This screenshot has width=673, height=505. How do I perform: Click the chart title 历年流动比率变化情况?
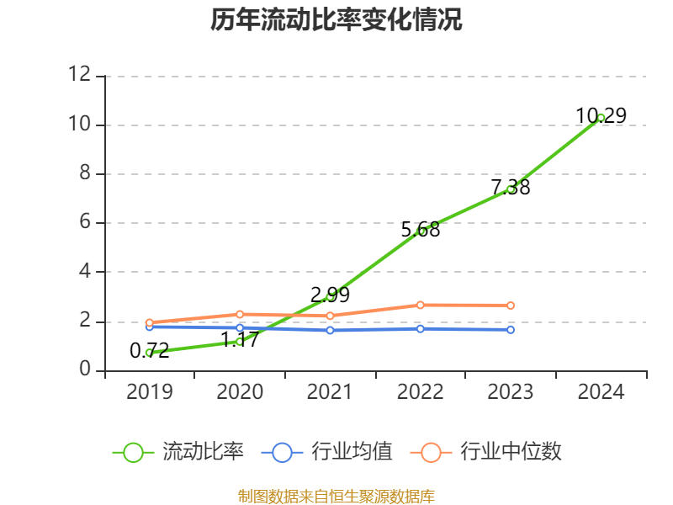(x=336, y=19)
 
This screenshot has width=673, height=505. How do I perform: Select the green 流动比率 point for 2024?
(x=601, y=118)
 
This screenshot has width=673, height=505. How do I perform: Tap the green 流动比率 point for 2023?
(x=511, y=189)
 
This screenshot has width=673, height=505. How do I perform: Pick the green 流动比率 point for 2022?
(x=421, y=231)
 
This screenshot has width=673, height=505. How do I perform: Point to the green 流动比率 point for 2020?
(x=240, y=341)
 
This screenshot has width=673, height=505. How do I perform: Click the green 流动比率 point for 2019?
(x=149, y=353)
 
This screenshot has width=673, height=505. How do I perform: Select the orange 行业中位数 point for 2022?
(x=421, y=305)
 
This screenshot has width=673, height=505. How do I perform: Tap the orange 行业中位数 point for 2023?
(x=511, y=306)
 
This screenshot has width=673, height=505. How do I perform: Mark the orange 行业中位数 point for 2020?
(x=240, y=314)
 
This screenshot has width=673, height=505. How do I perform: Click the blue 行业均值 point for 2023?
(x=511, y=330)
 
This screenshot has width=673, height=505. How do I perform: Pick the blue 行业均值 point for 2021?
(x=330, y=330)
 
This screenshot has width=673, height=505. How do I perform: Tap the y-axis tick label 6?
(x=84, y=223)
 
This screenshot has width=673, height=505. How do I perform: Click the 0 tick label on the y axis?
(x=84, y=370)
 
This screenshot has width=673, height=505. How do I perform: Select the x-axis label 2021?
(x=330, y=392)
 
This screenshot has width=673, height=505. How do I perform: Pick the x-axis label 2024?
(x=601, y=392)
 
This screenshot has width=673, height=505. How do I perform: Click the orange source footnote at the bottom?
(x=336, y=496)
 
